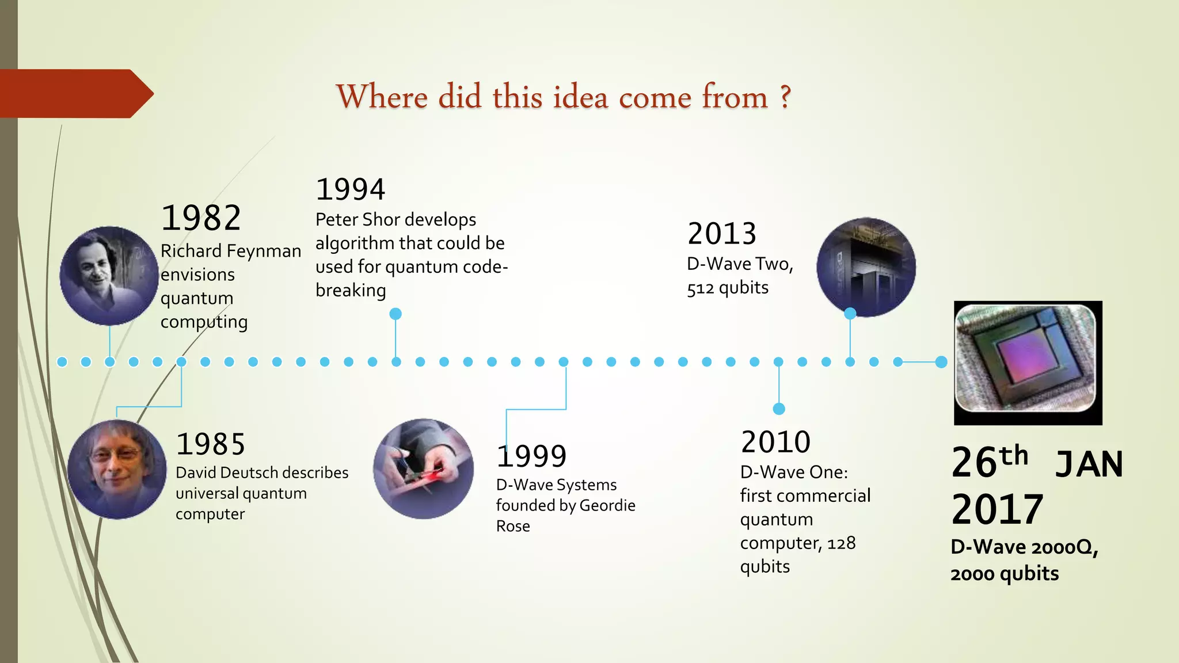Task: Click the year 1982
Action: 201,218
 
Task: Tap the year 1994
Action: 351,189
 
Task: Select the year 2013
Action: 722,234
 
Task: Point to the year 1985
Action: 211,444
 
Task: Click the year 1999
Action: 532,456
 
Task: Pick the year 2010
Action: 775,442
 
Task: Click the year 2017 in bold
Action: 997,509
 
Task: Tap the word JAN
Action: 1089,464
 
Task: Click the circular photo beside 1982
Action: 109,276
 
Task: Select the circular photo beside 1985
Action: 117,469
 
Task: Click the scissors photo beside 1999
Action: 424,468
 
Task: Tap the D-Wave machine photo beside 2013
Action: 866,267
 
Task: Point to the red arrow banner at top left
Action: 75,94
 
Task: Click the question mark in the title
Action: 785,97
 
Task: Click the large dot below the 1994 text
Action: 395,314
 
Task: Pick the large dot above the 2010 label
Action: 779,409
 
